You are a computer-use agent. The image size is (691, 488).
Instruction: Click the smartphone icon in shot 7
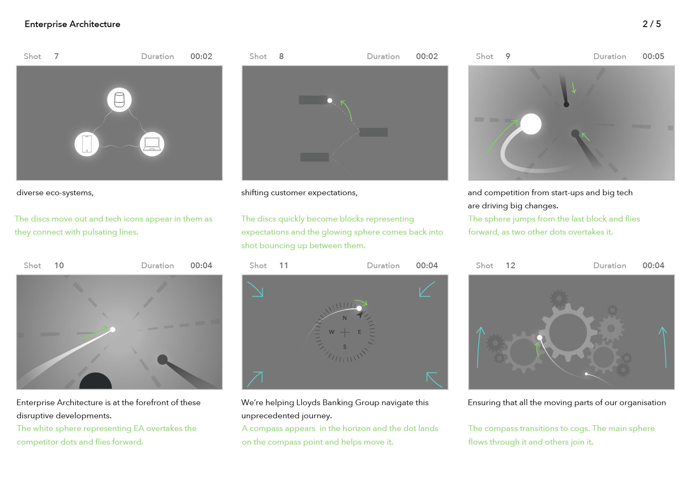pyautogui.click(x=87, y=144)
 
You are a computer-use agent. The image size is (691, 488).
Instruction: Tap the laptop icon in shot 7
pyautogui.click(x=152, y=144)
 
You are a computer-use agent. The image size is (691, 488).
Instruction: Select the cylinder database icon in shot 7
pyautogui.click(x=119, y=100)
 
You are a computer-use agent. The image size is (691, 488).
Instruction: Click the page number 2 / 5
pyautogui.click(x=652, y=24)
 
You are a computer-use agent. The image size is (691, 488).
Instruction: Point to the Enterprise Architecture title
pyautogui.click(x=73, y=24)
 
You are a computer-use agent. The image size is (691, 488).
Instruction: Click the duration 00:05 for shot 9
pyautogui.click(x=653, y=57)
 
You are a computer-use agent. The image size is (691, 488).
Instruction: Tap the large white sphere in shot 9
pyautogui.click(x=531, y=124)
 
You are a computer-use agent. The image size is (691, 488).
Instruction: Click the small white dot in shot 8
pyautogui.click(x=330, y=100)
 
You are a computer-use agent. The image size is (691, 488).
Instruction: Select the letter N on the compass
pyautogui.click(x=345, y=318)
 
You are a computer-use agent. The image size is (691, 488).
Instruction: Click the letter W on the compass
pyautogui.click(x=332, y=332)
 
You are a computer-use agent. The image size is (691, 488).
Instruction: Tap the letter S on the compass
pyautogui.click(x=345, y=347)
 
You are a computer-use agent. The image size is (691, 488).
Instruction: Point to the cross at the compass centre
pyautogui.click(x=345, y=332)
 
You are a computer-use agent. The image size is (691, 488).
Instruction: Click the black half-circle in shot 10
pyautogui.click(x=96, y=381)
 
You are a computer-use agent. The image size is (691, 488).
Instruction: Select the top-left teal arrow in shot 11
pyautogui.click(x=255, y=289)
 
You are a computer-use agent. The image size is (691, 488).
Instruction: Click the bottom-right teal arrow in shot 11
pyautogui.click(x=434, y=379)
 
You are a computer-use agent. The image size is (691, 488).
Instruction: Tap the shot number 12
pyautogui.click(x=510, y=265)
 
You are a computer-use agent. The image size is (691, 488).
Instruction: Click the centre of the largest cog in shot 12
pyautogui.click(x=568, y=332)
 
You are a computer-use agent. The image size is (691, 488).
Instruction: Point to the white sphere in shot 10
pyautogui.click(x=112, y=330)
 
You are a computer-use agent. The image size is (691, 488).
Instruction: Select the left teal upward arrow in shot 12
pyautogui.click(x=479, y=347)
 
